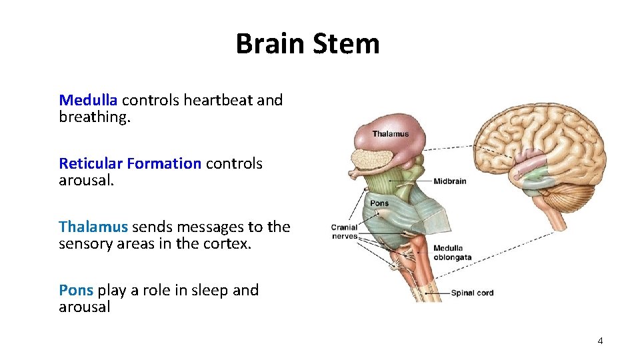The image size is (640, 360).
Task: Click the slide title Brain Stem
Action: click(x=307, y=44)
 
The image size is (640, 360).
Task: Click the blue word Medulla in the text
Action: click(x=88, y=100)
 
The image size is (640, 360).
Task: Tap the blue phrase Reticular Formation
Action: click(x=130, y=163)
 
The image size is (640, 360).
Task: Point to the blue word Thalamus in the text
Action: click(x=93, y=227)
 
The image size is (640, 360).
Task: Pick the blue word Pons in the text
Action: click(x=76, y=290)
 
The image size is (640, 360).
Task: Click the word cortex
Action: click(x=226, y=243)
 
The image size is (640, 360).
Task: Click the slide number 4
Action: click(x=600, y=341)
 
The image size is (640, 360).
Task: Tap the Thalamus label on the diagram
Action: click(x=390, y=134)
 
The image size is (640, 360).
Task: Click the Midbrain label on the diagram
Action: click(x=449, y=181)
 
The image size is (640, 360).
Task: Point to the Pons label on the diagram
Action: click(x=379, y=203)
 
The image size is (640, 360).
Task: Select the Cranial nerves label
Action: click(x=344, y=231)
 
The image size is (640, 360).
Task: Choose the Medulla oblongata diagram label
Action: click(x=452, y=253)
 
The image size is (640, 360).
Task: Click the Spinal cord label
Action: click(x=472, y=293)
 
